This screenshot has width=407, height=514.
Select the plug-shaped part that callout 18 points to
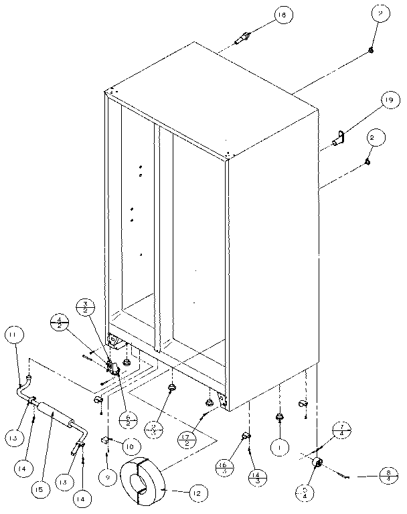coord(242,38)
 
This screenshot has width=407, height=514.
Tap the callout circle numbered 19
coord(387,101)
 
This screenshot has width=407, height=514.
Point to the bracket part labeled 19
coord(339,139)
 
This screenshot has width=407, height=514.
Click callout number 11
coord(14,335)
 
